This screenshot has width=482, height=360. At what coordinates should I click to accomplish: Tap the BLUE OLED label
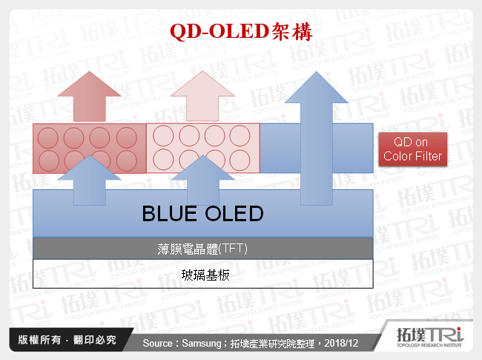click(x=202, y=215)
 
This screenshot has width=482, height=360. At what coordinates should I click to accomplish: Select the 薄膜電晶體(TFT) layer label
click(x=202, y=249)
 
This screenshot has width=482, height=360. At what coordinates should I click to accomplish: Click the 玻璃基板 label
click(x=202, y=275)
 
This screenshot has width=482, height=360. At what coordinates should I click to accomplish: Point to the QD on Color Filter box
click(x=412, y=150)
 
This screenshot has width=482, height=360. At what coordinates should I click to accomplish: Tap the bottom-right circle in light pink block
click(x=240, y=159)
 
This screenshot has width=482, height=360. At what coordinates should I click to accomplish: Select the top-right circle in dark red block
click(x=127, y=137)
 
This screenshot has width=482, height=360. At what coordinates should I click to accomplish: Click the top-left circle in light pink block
click(x=163, y=137)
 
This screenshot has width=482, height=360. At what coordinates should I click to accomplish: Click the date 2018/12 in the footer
click(x=343, y=343)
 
